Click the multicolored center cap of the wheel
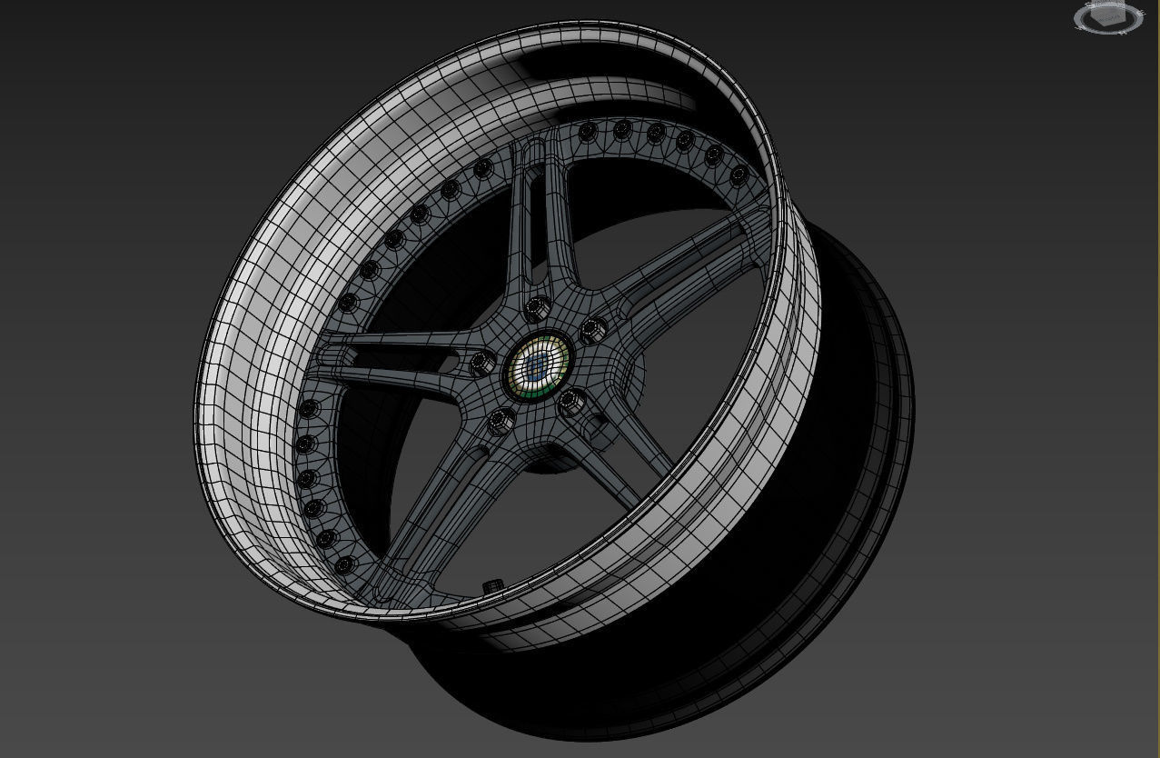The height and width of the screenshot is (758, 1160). click(537, 365)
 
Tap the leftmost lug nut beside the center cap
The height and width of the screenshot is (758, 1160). click(481, 364)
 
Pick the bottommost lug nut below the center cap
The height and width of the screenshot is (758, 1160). click(500, 422)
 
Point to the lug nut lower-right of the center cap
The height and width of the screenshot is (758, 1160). click(572, 401)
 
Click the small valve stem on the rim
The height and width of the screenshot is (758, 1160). click(493, 584)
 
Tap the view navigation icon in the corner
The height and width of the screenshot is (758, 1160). click(1107, 17)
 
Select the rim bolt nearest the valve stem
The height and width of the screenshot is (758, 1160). click(342, 566)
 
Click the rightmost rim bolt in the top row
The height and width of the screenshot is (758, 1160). click(739, 175)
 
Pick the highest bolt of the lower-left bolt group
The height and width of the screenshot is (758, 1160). click(310, 407)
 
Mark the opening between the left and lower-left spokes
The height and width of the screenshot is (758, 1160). click(363, 445)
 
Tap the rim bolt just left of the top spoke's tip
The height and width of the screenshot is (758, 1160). click(483, 167)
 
